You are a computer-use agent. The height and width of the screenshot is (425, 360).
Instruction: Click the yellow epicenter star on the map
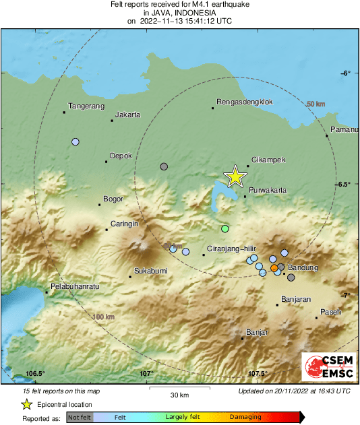point(235,176)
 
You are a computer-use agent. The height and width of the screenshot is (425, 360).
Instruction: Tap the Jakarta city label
point(128,115)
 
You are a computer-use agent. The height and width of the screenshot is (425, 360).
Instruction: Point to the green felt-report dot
point(225,228)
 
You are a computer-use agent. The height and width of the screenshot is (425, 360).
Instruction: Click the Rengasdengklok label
point(243,102)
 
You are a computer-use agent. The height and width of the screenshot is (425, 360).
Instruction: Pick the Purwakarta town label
point(268,191)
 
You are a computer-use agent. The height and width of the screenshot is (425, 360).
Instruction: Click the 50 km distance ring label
point(316,104)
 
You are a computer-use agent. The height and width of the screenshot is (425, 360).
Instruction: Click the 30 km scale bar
point(179,389)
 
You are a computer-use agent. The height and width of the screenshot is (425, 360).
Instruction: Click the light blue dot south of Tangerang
point(76,142)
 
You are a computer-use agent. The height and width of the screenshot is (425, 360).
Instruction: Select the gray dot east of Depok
point(163,166)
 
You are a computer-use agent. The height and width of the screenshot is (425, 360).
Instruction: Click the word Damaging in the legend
point(245,418)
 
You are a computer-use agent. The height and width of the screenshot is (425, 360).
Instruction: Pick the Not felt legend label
point(79,418)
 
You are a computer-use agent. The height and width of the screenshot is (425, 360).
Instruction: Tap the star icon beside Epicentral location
point(26,404)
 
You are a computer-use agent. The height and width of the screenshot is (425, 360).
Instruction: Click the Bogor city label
point(114,199)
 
